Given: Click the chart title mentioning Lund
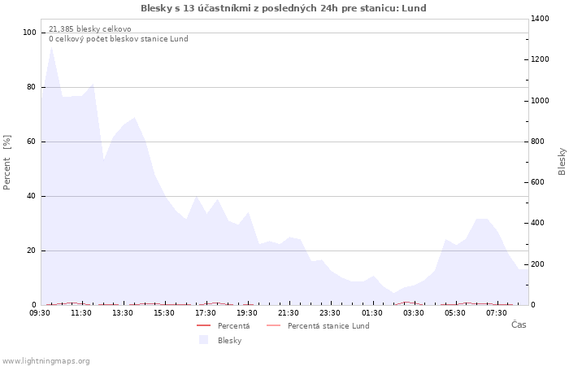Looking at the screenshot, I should (283, 8).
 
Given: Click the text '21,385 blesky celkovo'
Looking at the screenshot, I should (89, 29).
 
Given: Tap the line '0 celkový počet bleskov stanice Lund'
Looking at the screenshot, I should (118, 39).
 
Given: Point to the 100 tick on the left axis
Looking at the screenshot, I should (30, 33).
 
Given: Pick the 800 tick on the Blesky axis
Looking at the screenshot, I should (540, 142).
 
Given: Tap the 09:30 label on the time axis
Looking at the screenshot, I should (41, 313).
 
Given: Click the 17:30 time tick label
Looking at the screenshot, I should (206, 313).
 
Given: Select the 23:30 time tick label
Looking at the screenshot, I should (331, 313).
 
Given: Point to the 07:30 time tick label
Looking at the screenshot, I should (497, 313).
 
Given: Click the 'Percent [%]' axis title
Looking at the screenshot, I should (7, 162).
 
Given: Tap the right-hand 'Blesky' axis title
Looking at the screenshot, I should (562, 161).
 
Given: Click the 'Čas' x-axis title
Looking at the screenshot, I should (518, 325).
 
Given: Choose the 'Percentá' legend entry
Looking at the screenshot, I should (233, 326).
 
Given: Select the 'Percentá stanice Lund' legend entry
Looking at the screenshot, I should (328, 326).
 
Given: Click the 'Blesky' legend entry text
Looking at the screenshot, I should (229, 341).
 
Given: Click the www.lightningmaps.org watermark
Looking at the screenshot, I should (46, 360).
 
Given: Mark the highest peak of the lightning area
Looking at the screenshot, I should (52, 46).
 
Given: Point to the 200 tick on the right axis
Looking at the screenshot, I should (540, 264).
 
